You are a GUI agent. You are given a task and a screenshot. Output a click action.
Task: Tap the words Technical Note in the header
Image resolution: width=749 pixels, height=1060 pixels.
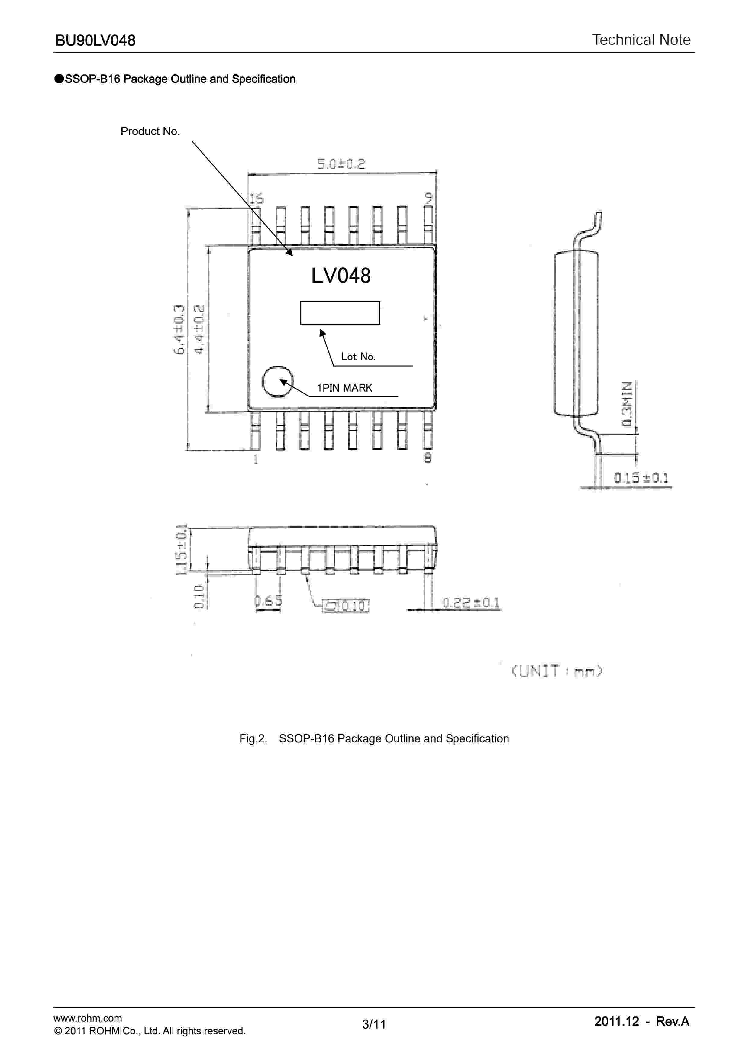pyautogui.click(x=641, y=40)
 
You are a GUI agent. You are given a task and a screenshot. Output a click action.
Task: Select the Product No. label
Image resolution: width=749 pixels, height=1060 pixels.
pyautogui.click(x=150, y=131)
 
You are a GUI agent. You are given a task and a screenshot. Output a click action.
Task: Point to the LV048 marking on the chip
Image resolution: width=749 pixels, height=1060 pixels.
pyautogui.click(x=341, y=276)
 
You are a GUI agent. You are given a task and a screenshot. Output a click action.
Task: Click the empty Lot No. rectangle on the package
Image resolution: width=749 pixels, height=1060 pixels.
pyautogui.click(x=340, y=312)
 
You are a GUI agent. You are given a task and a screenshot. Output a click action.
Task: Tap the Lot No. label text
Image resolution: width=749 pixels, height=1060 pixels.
pyautogui.click(x=358, y=357)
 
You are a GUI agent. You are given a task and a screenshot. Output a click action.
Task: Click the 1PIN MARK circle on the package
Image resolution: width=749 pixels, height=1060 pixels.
pyautogui.click(x=277, y=381)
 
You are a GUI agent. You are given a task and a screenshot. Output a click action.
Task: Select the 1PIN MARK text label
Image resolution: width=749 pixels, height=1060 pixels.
pyautogui.click(x=344, y=388)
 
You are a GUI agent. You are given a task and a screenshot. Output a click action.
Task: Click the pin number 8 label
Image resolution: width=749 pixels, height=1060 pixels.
pyautogui.click(x=428, y=458)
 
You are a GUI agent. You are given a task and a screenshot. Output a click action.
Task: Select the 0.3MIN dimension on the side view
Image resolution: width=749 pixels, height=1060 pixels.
pyautogui.click(x=627, y=403)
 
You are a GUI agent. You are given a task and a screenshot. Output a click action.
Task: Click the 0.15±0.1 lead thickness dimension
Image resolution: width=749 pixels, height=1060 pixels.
pyautogui.click(x=641, y=478)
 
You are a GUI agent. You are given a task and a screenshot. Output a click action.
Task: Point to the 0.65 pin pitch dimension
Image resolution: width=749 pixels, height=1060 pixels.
pyautogui.click(x=268, y=601)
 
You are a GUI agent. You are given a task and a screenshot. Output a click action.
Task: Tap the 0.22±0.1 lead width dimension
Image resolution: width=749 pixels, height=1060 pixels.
pyautogui.click(x=471, y=603)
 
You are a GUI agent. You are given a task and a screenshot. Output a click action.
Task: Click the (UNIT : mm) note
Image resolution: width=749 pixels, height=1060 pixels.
pyautogui.click(x=557, y=671)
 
